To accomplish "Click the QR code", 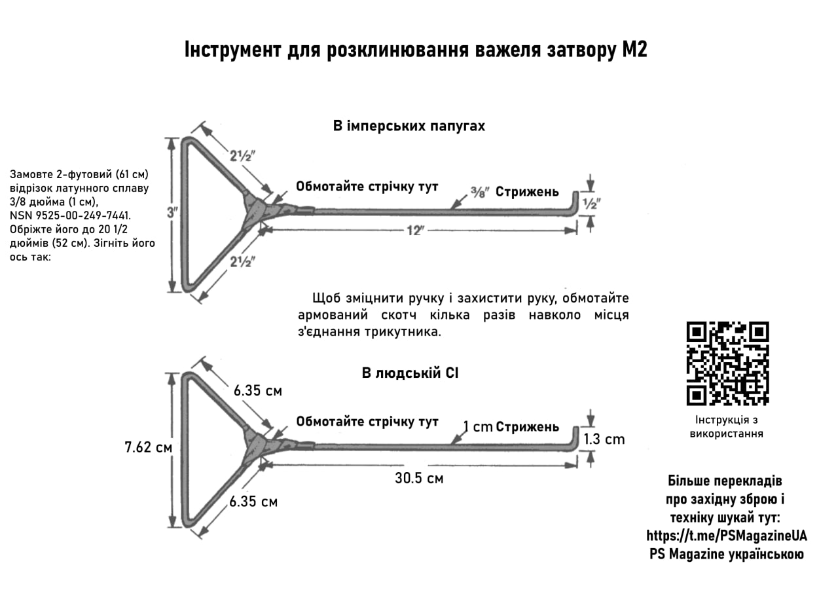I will (727, 363).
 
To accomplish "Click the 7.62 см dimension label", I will (149, 448).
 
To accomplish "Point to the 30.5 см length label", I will (419, 479).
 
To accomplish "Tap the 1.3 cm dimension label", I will (604, 439).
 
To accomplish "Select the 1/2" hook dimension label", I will (592, 204).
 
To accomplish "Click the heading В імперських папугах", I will (409, 126).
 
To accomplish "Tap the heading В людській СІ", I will (410, 374).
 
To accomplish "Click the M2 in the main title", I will (634, 50).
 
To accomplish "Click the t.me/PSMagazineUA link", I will (727, 536).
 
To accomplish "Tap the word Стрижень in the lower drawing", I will (527, 427).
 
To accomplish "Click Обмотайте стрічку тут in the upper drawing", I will (367, 186).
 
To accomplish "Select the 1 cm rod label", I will (477, 427).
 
